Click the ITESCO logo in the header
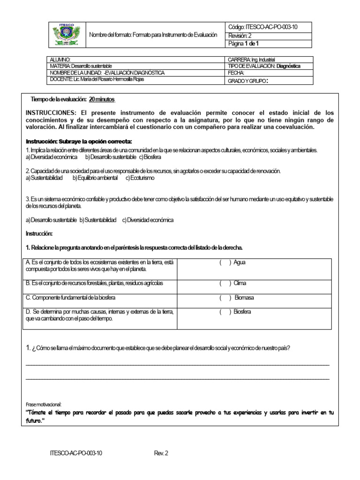coord(67,35)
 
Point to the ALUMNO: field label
coord(60,60)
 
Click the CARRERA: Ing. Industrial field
coord(251,60)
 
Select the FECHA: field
coord(236,73)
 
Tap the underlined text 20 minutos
coord(101,100)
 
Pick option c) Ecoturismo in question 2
coord(140,178)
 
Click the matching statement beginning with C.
coord(71,298)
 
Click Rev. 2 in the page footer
coord(161,453)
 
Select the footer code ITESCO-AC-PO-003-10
coord(76,453)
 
